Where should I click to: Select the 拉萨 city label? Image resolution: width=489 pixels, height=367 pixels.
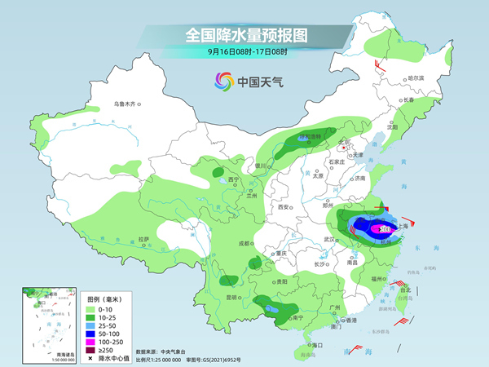[144, 238]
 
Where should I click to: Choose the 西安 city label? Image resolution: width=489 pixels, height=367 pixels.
[284, 207]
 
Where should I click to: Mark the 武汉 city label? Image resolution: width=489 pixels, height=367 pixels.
[330, 239]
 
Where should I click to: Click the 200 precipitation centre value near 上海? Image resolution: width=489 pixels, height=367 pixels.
[384, 231]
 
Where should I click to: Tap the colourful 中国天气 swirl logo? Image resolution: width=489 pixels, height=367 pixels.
[223, 82]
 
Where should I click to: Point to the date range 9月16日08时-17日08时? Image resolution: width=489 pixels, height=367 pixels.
[242, 51]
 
